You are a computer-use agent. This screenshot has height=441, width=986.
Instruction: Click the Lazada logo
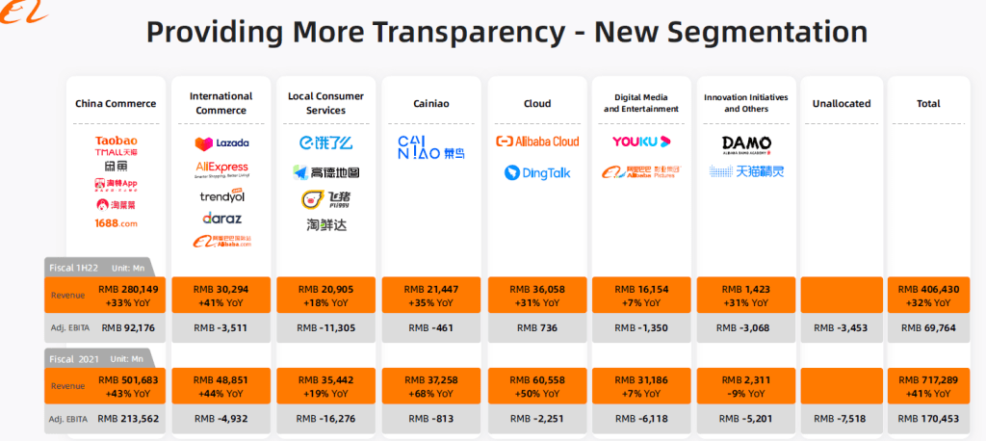[x=221, y=143]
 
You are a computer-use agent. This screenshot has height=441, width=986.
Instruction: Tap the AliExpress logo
[x=221, y=169]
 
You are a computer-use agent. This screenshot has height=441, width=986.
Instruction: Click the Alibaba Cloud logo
[x=537, y=142]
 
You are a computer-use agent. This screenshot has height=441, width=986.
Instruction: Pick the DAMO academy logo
[x=746, y=144]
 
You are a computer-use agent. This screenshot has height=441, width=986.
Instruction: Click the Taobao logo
[x=116, y=141]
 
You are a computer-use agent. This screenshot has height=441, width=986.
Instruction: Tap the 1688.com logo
[x=116, y=223]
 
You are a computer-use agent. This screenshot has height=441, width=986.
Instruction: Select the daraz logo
[x=221, y=219]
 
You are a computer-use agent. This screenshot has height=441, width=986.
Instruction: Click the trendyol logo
[x=221, y=196]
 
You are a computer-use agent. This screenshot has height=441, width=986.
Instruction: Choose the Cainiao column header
[x=432, y=104]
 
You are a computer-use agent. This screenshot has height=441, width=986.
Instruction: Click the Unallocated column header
[x=841, y=104]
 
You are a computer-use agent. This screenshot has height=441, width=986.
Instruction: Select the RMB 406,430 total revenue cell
[x=928, y=295]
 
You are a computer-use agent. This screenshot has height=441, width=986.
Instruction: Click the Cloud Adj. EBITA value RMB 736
[x=537, y=328]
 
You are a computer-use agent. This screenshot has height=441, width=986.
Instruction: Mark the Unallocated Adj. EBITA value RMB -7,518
[x=841, y=419]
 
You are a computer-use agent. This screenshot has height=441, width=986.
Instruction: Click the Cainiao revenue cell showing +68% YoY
[x=432, y=386]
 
